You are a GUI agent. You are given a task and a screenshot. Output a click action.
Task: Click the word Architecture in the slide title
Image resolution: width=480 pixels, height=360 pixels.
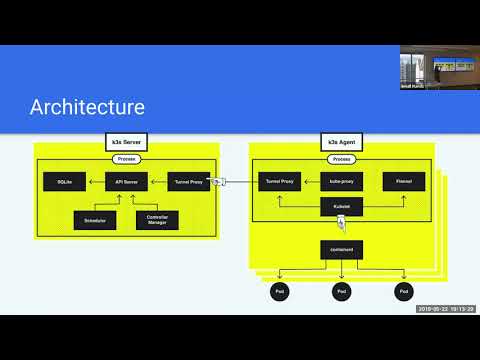click(87, 107)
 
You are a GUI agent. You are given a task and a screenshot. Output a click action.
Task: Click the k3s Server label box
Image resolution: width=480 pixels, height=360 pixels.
click(127, 142)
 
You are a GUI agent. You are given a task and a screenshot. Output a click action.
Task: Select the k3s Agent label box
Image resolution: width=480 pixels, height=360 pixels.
click(340, 142)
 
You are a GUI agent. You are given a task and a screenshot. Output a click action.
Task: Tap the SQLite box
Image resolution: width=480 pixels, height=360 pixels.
click(64, 182)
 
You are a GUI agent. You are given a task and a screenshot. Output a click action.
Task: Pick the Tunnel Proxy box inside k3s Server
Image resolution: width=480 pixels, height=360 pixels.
click(189, 182)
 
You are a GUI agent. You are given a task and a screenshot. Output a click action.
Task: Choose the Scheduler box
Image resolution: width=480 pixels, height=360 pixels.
click(95, 218)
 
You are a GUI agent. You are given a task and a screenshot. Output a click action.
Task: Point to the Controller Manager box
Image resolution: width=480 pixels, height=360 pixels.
click(157, 218)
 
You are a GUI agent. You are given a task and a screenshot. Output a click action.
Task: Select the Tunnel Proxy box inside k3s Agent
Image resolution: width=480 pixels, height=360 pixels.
click(277, 182)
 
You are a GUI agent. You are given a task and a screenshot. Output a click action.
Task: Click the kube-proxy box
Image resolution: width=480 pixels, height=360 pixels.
click(340, 182)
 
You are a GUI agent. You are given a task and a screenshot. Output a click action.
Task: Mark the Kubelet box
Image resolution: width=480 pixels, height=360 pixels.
click(340, 208)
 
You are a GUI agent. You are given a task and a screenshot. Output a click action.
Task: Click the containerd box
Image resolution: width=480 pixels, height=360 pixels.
click(340, 249)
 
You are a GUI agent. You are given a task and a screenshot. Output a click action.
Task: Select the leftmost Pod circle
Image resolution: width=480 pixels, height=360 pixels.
click(279, 292)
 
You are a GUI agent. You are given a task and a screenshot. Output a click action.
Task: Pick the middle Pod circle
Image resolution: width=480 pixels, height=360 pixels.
click(340, 292)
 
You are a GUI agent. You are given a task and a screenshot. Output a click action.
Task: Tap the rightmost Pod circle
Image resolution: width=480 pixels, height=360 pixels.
click(403, 292)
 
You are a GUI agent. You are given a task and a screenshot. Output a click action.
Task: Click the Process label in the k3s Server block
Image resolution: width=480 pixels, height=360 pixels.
click(127, 158)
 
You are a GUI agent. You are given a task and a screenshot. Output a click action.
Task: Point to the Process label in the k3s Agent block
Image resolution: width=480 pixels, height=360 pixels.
click(341, 158)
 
